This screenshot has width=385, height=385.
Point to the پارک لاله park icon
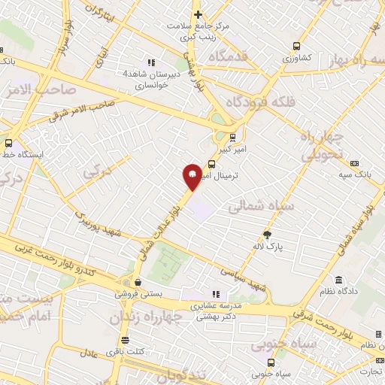click(x=265, y=234)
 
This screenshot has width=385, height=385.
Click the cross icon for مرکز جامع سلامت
click(x=198, y=14)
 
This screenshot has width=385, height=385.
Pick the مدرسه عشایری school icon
click(x=216, y=294)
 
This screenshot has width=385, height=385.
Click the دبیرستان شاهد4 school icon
click(x=151, y=62)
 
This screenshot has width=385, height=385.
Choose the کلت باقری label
click(x=132, y=352)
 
